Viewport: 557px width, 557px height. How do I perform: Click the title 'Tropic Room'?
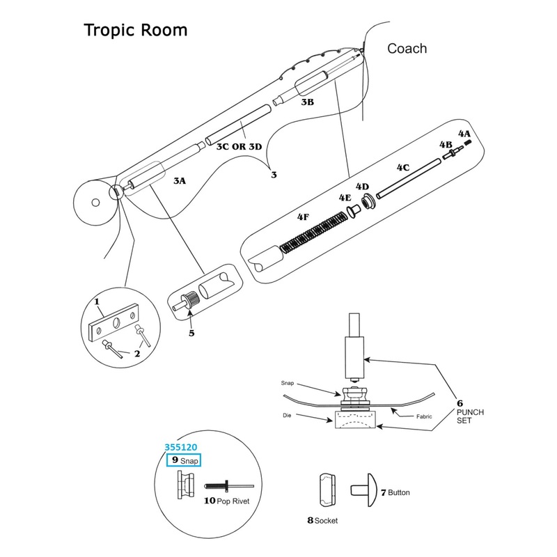(135, 31)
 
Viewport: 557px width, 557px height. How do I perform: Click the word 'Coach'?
(407, 48)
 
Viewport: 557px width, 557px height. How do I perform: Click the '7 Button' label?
(395, 492)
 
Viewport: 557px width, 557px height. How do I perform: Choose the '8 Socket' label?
(322, 520)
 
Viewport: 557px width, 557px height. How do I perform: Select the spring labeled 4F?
(313, 233)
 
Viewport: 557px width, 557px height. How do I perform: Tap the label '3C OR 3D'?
(239, 147)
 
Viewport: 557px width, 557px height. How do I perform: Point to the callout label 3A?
(180, 180)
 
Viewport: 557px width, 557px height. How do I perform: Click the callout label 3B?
(307, 102)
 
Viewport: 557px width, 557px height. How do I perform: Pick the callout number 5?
(191, 333)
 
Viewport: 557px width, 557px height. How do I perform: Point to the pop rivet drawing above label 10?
(227, 487)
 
